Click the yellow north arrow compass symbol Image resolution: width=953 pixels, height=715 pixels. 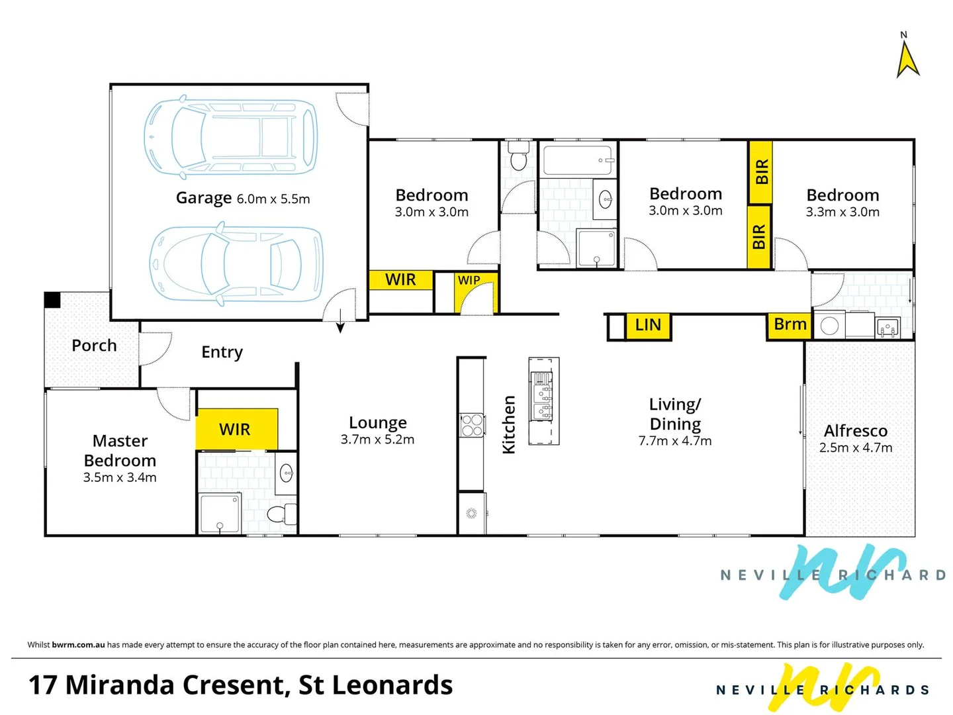tap(907, 62)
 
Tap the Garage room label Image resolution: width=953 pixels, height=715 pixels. tap(204, 198)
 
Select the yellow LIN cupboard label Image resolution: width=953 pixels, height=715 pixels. tap(648, 324)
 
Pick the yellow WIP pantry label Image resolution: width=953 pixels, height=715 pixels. tap(469, 281)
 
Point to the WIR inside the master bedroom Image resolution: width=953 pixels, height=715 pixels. tap(234, 430)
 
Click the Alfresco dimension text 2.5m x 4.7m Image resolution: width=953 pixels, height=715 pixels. tap(855, 448)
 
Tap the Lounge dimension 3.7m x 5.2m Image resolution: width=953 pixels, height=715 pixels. tap(377, 440)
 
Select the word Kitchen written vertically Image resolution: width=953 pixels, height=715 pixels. tap(509, 424)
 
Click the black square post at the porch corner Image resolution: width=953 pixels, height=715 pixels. tap(52, 300)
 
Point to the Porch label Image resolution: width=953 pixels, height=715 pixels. tap(94, 346)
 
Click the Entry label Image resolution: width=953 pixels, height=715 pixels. tap(222, 352)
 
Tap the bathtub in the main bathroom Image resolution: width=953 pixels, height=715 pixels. tap(578, 160)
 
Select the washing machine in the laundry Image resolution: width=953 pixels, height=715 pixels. tap(829, 326)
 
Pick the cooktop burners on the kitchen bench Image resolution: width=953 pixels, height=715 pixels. tap(472, 425)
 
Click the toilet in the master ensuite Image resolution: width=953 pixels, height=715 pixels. tap(281, 514)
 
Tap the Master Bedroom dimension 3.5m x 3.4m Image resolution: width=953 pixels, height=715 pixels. tap(120, 477)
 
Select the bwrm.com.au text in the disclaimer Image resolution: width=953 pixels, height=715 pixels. tap(78, 645)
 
